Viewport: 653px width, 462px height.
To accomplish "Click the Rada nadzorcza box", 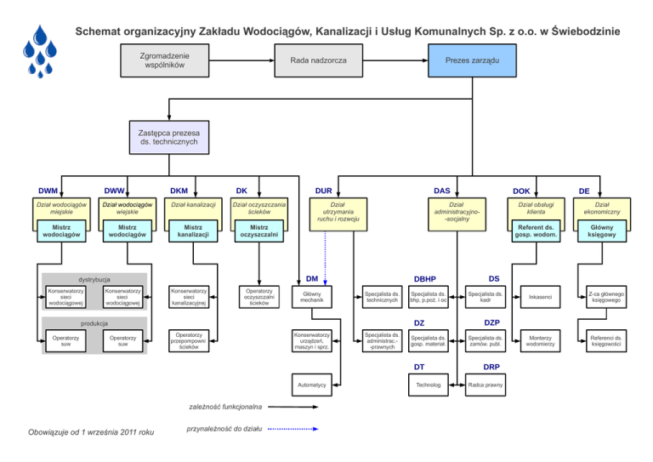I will [318, 62].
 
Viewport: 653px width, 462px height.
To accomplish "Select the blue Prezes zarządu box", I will [472, 62].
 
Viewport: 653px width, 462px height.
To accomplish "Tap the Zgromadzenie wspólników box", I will [167, 61].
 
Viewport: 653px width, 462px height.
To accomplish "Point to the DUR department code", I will [323, 191].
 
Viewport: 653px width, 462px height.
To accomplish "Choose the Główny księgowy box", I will [601, 231].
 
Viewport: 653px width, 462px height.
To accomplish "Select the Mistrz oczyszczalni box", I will [259, 231].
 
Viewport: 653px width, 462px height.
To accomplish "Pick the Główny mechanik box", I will [312, 296].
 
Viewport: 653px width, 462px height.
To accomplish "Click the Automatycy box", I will [312, 385].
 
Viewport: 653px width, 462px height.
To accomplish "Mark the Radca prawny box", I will [485, 385].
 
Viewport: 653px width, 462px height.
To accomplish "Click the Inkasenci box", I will [540, 297].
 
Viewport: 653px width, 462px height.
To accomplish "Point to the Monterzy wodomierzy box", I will [540, 339].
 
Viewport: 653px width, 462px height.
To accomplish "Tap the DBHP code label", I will [424, 278].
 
